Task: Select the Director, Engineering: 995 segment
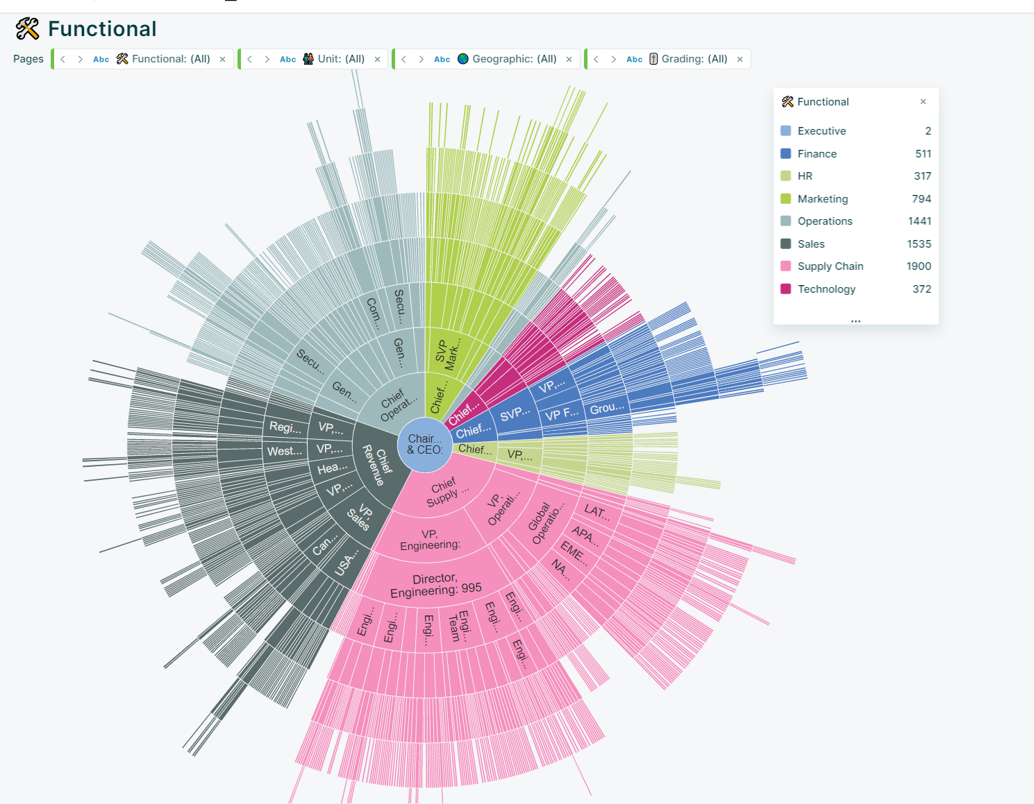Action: (435, 585)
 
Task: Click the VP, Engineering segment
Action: (430, 540)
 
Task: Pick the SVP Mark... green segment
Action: (447, 353)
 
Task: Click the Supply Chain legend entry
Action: (830, 266)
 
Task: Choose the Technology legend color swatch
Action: (785, 289)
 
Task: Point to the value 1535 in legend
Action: (918, 244)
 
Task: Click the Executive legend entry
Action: (822, 131)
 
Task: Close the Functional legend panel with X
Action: (923, 102)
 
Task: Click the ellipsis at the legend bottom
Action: (856, 320)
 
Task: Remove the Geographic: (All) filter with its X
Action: (569, 60)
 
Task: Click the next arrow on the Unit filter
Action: (267, 60)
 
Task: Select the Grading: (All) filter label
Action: (694, 59)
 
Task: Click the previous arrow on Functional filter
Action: (63, 60)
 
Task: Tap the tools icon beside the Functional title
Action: (28, 29)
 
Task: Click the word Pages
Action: (28, 59)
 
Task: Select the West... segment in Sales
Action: (285, 451)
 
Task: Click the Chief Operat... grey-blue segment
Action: (398, 404)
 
